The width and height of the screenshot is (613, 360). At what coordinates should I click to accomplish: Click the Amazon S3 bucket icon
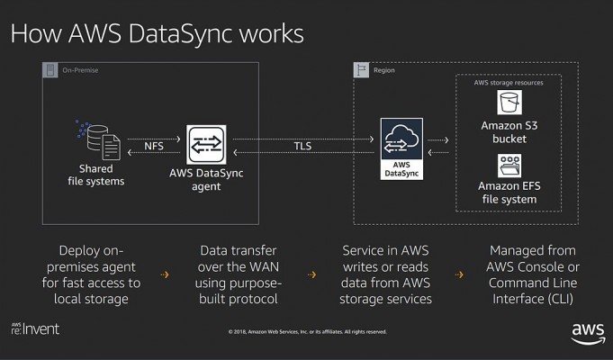click(x=509, y=103)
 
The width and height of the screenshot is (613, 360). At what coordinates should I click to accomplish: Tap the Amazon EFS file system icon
click(x=509, y=166)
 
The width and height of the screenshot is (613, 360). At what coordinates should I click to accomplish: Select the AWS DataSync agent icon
click(x=206, y=145)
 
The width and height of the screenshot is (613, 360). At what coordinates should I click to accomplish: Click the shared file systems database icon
click(x=98, y=139)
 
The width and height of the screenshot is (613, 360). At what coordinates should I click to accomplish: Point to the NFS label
click(x=154, y=146)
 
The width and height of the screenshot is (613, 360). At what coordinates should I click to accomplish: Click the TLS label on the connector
click(x=302, y=146)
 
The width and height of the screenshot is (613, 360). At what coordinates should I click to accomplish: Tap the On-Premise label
click(x=80, y=70)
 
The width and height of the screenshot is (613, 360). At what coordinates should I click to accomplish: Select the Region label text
click(x=383, y=70)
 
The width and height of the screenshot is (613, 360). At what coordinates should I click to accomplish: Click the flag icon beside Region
click(x=361, y=70)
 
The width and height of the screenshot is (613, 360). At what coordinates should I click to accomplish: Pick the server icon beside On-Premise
click(x=50, y=70)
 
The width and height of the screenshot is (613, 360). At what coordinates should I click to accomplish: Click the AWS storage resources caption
click(x=509, y=83)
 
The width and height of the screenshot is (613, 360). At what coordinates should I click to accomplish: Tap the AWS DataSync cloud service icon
click(x=401, y=148)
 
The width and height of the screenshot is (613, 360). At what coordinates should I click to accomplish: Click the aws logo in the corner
click(x=588, y=333)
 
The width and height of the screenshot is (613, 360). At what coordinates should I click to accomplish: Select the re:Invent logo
click(x=35, y=329)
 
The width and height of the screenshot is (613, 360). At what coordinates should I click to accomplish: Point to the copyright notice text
click(x=308, y=332)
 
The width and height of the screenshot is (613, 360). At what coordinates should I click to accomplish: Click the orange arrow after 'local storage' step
click(x=165, y=274)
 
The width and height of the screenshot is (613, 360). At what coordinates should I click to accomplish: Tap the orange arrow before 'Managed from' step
click(x=459, y=274)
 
